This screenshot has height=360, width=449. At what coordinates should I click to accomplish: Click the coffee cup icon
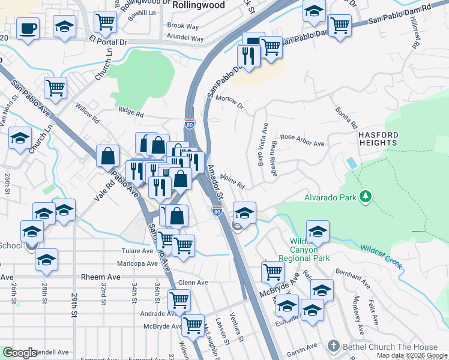[28, 28]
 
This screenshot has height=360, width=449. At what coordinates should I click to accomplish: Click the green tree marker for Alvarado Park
[364, 196]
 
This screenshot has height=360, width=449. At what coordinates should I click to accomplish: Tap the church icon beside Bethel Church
[334, 346]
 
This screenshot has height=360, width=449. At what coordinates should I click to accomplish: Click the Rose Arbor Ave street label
[302, 144]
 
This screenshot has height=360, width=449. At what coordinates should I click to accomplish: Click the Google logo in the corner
[19, 353]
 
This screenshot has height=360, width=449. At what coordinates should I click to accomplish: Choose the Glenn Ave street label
[193, 283]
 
